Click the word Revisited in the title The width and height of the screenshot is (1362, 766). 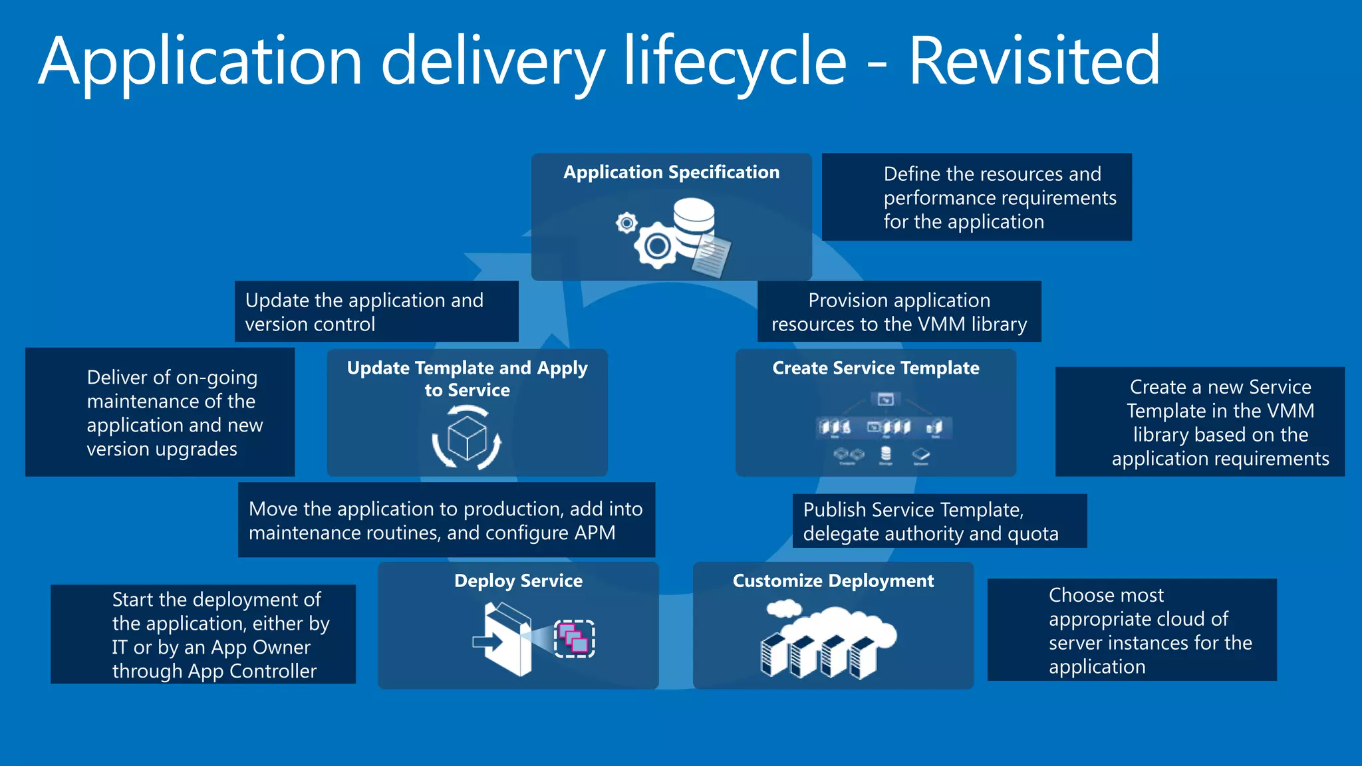[x=1033, y=61]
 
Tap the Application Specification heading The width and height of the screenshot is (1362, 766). [x=671, y=172]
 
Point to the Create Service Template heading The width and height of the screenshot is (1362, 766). [x=875, y=368]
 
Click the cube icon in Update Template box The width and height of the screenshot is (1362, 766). [x=467, y=438]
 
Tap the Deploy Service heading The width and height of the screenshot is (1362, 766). [x=518, y=580]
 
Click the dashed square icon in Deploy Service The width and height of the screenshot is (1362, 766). [x=575, y=638]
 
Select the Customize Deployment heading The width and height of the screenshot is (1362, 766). [x=833, y=580]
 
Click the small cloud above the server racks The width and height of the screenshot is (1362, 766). [x=784, y=608]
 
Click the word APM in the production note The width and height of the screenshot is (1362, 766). [x=596, y=533]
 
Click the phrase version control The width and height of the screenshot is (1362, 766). [x=310, y=324]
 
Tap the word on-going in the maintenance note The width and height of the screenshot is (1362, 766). [x=217, y=378]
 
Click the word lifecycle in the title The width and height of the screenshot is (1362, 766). [x=735, y=61]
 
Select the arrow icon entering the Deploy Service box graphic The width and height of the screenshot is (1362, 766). [x=486, y=642]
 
